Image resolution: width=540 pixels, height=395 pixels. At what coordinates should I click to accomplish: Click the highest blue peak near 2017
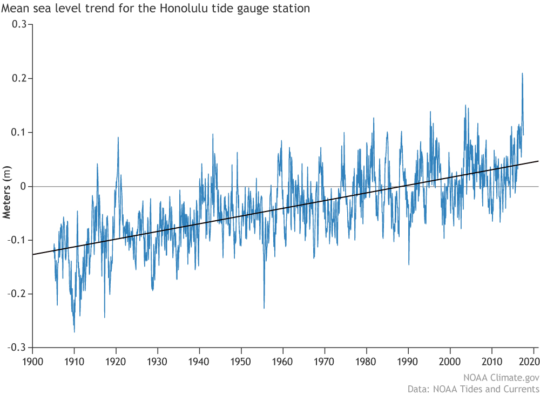(x=522, y=73)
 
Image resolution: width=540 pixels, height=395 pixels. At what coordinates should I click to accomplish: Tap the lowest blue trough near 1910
(x=74, y=332)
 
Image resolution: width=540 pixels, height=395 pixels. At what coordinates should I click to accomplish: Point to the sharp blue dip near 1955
(x=264, y=308)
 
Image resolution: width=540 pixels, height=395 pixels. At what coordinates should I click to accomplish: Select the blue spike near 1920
(x=118, y=138)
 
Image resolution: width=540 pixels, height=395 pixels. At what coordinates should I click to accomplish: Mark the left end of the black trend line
(x=33, y=254)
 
